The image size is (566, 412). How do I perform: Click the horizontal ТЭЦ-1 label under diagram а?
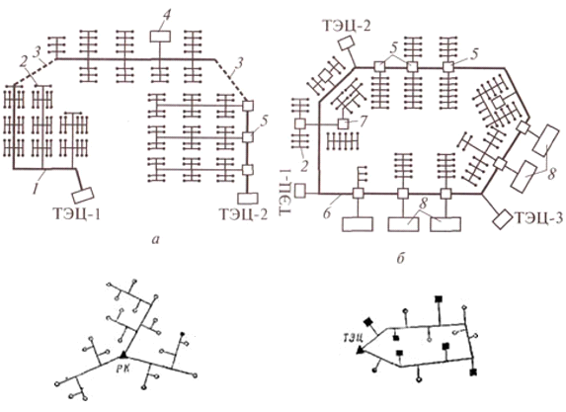coord(76,214)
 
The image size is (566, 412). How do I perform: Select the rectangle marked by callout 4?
coord(160,37)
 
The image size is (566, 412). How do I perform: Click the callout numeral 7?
coord(363,121)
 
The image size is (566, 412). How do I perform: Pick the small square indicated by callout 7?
coord(344,124)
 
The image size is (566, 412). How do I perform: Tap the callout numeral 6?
coord(327,213)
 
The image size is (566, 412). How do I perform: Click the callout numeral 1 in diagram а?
coord(36,189)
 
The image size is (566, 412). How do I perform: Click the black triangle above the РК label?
coord(123,355)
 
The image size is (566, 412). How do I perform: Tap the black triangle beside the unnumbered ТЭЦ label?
coord(360,350)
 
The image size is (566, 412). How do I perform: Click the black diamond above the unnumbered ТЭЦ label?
coord(368,322)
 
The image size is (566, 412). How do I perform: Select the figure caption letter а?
coord(156,240)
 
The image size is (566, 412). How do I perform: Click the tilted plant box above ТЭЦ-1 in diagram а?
coord(83,196)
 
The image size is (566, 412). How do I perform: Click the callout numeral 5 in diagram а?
coord(264,123)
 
